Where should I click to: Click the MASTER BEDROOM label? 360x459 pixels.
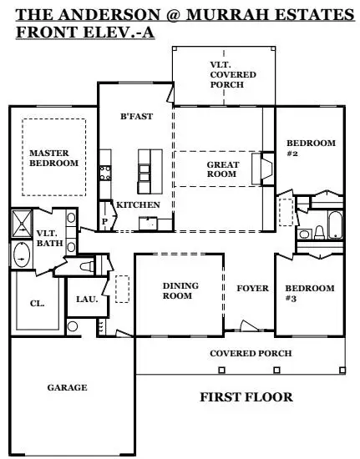(53, 159)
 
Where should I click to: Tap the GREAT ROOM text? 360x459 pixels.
(223, 170)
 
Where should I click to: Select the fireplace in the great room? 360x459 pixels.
(266, 166)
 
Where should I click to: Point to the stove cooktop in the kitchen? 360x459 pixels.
(106, 173)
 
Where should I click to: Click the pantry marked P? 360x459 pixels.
(105, 220)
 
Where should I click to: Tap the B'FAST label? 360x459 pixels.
(136, 117)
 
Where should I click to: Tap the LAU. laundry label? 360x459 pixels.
(85, 298)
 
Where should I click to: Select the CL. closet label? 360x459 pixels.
(37, 304)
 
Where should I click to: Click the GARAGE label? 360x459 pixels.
(67, 387)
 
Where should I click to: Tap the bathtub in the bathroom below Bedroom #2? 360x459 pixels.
(333, 226)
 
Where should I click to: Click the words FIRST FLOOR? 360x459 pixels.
(246, 397)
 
